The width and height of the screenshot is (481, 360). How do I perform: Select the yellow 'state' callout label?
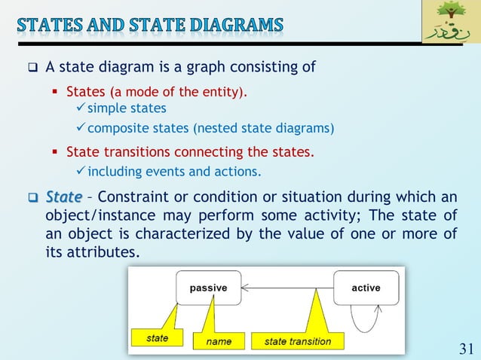click(158, 338)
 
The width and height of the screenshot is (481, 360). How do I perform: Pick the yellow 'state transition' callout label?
click(297, 341)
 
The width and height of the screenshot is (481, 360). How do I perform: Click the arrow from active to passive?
click(286, 288)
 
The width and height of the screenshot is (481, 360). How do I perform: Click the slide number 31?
click(466, 347)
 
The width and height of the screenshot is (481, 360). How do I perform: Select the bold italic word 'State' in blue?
click(63, 197)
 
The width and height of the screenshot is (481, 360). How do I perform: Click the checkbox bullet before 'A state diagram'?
click(33, 68)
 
